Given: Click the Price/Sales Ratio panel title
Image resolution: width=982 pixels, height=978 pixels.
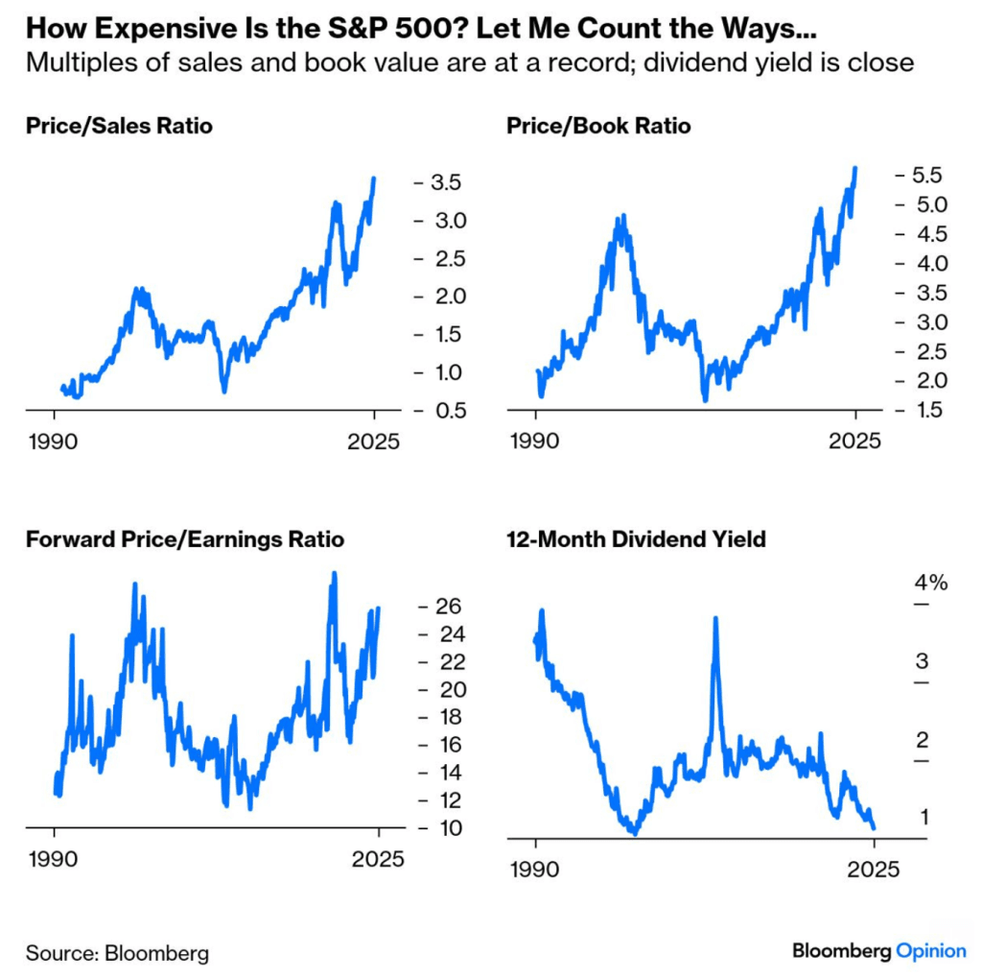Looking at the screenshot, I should pyautogui.click(x=119, y=126).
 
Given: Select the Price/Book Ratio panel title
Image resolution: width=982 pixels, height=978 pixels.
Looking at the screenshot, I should pyautogui.click(x=597, y=126).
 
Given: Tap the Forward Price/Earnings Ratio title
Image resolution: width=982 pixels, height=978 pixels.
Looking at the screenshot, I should pyautogui.click(x=185, y=540).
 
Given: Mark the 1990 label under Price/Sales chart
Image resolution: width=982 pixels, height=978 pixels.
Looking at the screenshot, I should pyautogui.click(x=56, y=443).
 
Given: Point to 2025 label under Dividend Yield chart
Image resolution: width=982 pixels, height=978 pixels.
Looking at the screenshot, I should pyautogui.click(x=875, y=871).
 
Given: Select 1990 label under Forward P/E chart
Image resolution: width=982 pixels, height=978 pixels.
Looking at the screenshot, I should pyautogui.click(x=56, y=859).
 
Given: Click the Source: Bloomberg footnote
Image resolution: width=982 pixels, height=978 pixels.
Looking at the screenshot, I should pyautogui.click(x=117, y=953).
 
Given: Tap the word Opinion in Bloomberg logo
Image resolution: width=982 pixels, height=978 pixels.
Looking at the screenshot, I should pyautogui.click(x=930, y=950).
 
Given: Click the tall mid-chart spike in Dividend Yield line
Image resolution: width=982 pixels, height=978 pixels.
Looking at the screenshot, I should pyautogui.click(x=714, y=620).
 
